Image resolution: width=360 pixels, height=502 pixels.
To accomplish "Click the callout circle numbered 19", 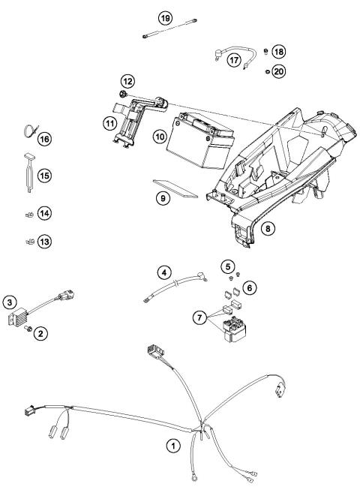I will tap(164, 17).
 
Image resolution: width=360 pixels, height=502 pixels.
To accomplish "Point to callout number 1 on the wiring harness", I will tap(173, 446).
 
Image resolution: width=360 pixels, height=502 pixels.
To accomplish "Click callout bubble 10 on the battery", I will tap(158, 136).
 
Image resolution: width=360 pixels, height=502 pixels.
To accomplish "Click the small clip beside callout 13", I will tap(28, 242).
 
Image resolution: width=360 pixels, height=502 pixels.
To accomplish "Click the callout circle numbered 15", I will tap(44, 175).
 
